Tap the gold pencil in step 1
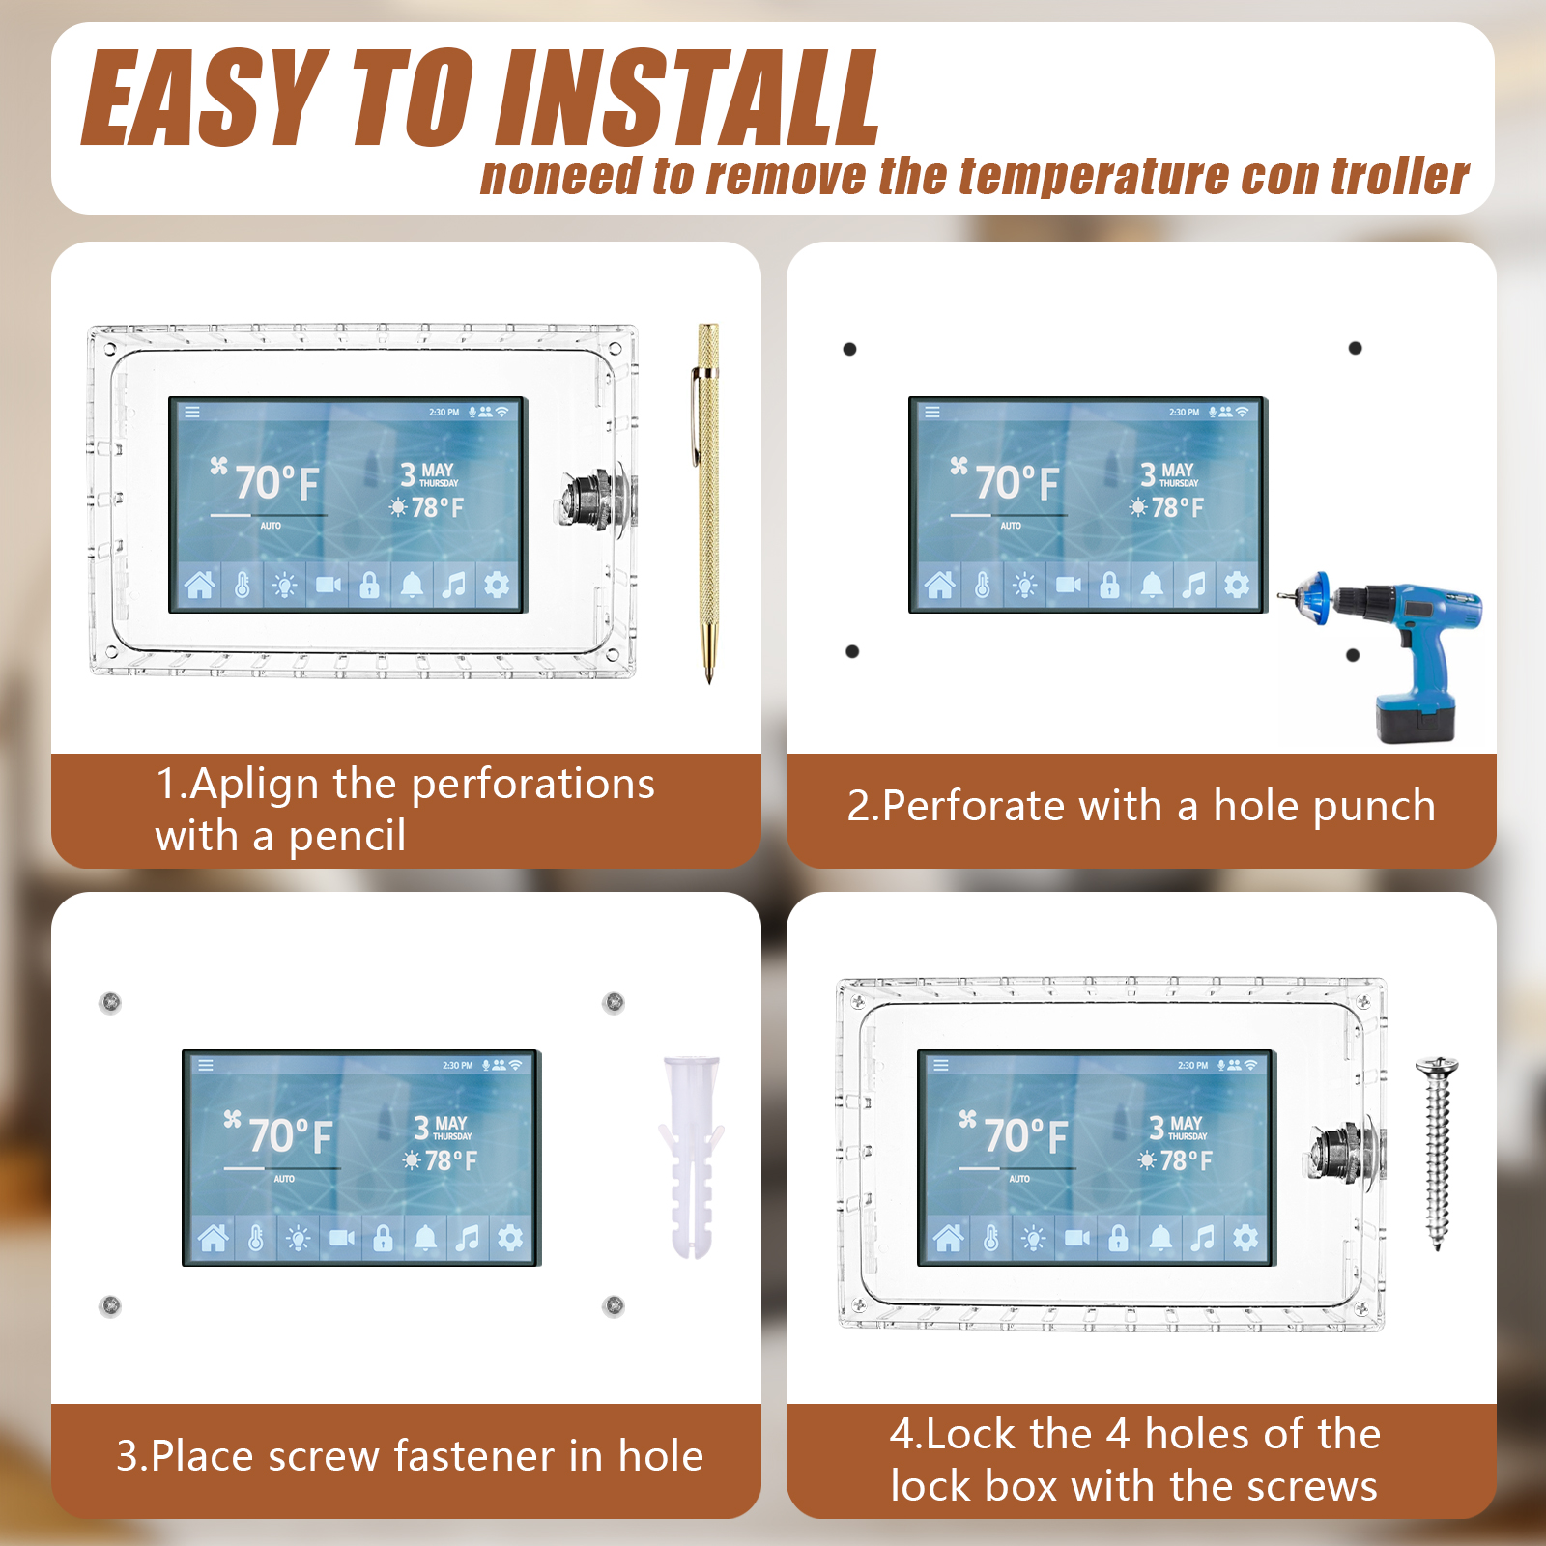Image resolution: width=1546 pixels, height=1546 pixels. (x=708, y=502)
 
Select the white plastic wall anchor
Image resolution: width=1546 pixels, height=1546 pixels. (x=692, y=1158)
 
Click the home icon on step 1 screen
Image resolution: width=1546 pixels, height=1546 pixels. (x=200, y=585)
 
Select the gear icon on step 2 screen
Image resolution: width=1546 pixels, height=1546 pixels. (x=1237, y=585)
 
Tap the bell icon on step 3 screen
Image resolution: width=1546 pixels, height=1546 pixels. (x=425, y=1238)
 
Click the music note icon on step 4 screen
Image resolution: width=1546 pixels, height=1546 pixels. (x=1203, y=1238)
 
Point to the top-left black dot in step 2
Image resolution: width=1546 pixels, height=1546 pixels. (x=850, y=349)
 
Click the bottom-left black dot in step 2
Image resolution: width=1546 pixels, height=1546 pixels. (x=852, y=651)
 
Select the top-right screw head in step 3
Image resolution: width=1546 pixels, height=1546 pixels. (x=614, y=1002)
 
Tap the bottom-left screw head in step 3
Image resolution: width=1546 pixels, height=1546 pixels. (x=111, y=1305)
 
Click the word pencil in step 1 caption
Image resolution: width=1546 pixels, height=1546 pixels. (x=348, y=837)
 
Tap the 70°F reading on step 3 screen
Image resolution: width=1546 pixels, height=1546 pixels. (x=291, y=1135)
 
